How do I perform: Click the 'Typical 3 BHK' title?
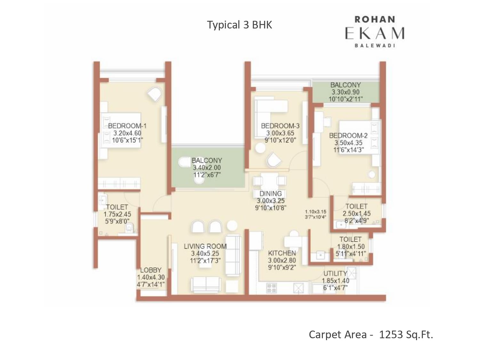click(239, 25)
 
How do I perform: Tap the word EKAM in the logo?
click(375, 34)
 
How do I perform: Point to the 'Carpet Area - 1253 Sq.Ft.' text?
click(371, 335)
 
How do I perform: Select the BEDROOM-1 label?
click(127, 126)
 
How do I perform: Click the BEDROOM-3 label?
click(280, 126)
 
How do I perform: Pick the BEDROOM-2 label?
click(348, 135)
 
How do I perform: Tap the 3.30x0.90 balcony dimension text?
click(346, 92)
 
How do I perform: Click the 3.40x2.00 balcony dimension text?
click(207, 168)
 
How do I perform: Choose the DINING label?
click(270, 194)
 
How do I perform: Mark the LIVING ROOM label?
click(205, 246)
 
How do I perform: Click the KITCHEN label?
click(282, 253)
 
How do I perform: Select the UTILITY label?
click(335, 274)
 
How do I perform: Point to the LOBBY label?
click(151, 270)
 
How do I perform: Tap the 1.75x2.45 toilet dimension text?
click(117, 214)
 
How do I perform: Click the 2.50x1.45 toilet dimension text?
click(356, 213)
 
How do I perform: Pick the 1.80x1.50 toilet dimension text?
click(351, 246)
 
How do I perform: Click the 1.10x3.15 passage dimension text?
click(316, 212)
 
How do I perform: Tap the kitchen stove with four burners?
click(271, 288)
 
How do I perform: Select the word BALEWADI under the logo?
click(375, 46)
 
